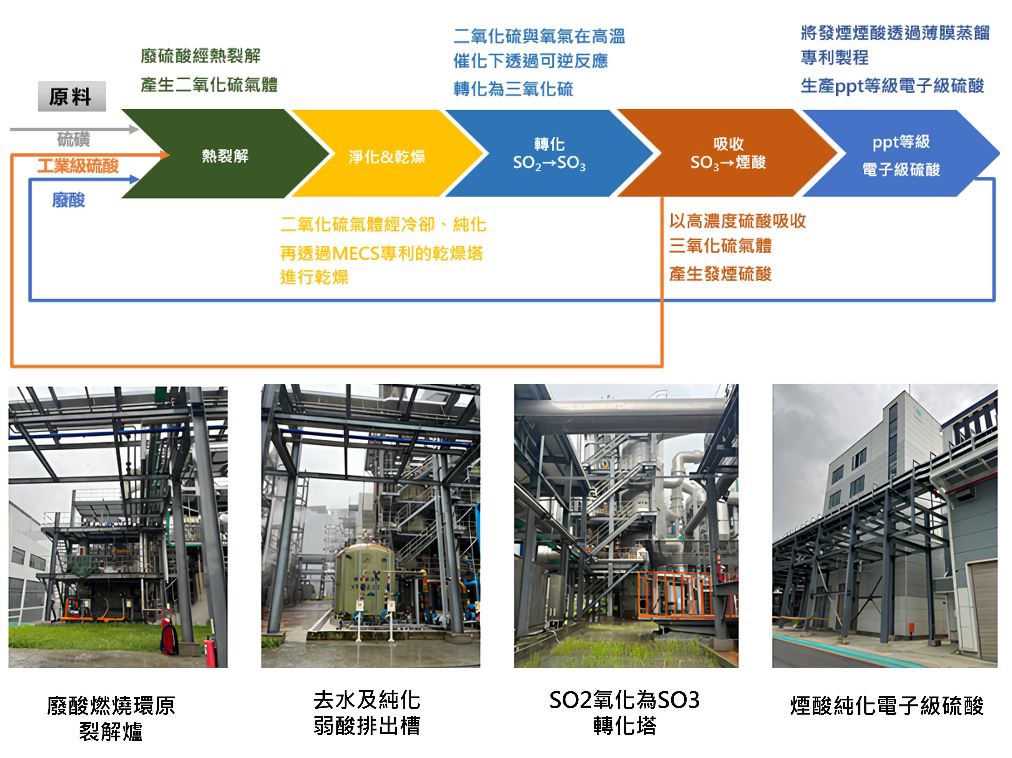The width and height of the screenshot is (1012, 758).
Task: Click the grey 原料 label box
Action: (72, 96)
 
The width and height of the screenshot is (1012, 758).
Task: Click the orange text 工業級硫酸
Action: (78, 165)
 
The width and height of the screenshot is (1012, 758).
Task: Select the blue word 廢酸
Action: (69, 200)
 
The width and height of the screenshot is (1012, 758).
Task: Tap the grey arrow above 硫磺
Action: (73, 129)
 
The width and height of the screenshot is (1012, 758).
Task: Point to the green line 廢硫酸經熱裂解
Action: (200, 56)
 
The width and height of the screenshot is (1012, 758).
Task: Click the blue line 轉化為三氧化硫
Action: (513, 89)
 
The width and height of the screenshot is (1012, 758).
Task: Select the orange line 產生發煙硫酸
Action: (720, 274)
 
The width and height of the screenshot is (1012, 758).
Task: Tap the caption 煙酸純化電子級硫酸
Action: (887, 705)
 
